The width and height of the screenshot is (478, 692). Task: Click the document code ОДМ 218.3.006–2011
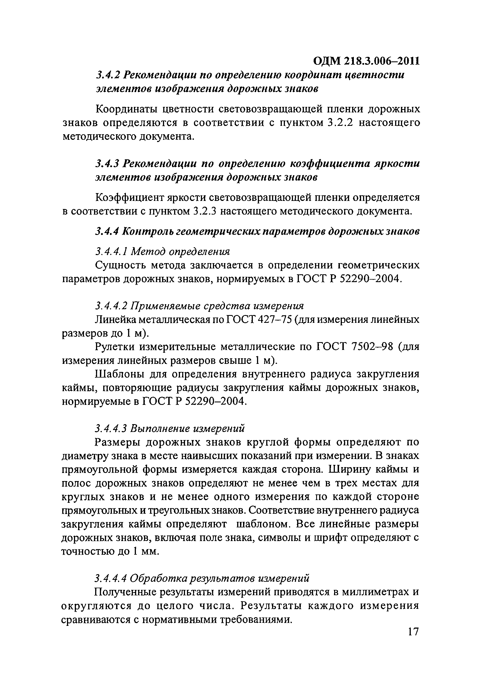tap(366, 61)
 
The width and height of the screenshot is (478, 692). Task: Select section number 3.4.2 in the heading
tap(108, 75)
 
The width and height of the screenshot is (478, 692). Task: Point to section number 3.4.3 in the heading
tap(108, 164)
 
